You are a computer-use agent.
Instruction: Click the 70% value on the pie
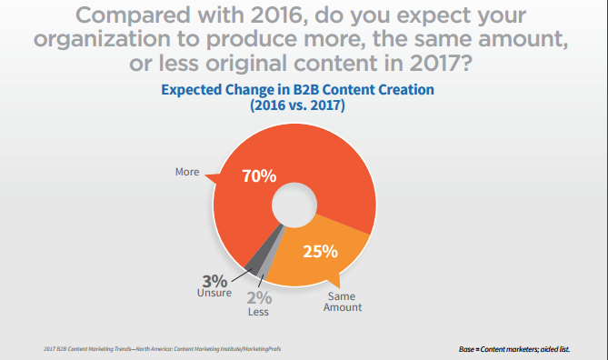point(259,175)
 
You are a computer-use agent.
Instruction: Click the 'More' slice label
point(187,171)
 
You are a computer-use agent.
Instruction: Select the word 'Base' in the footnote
point(471,349)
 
